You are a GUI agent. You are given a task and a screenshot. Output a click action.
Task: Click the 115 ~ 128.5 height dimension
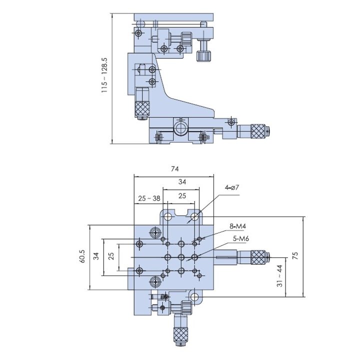pos(104,75)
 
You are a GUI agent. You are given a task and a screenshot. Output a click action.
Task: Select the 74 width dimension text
pos(174,169)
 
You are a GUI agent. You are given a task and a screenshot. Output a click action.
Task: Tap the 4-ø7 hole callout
pos(232,187)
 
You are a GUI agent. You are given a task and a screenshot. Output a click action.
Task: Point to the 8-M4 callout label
pos(238,226)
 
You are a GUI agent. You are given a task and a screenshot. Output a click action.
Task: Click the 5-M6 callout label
pos(241,239)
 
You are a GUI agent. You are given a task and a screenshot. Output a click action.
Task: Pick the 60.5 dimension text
pos(82,256)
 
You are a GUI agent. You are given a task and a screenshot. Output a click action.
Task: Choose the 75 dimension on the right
pos(295,255)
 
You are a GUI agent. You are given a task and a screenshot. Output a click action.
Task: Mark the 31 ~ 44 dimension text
pos(279,275)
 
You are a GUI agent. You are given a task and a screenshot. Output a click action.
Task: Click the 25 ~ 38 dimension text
pos(149,198)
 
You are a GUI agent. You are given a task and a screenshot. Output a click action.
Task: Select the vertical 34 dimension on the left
pos(96,256)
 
